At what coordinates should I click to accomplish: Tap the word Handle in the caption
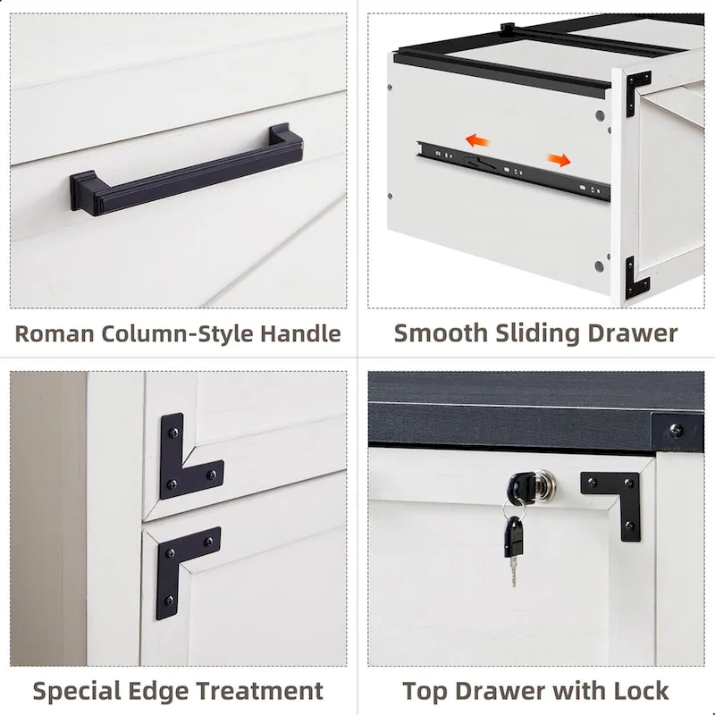tap(300, 334)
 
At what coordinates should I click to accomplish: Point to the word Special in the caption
tap(77, 691)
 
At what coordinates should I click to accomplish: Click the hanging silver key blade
tap(512, 568)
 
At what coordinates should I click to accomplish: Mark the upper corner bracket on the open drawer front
tap(639, 91)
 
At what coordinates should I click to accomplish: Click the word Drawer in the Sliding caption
tap(634, 333)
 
